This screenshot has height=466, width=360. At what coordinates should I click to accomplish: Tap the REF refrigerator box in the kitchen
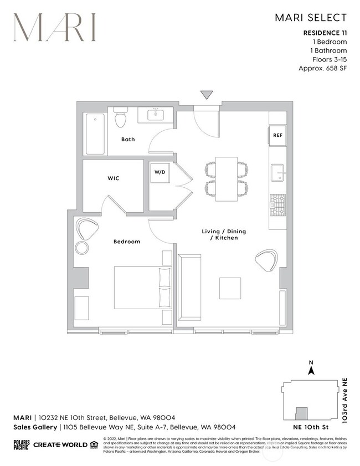pyautogui.click(x=277, y=135)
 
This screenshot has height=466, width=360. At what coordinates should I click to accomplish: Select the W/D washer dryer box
pyautogui.click(x=160, y=172)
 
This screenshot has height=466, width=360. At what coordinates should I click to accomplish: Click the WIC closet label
pyautogui.click(x=114, y=178)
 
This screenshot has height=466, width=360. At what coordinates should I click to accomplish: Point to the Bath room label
pyautogui.click(x=128, y=139)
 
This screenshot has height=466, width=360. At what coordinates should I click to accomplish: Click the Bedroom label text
pyautogui.click(x=127, y=242)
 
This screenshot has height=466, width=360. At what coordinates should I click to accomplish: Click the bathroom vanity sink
pyautogui.click(x=155, y=115)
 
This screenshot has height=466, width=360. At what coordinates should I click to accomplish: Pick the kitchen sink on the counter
pyautogui.click(x=277, y=173)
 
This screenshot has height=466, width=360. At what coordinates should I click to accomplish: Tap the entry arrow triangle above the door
pyautogui.click(x=207, y=95)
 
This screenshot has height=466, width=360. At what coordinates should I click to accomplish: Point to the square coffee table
pyautogui.click(x=230, y=288)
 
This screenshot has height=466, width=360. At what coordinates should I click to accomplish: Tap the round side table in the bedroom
pyautogui.click(x=83, y=247)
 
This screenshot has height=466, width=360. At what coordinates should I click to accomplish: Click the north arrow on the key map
pyautogui.click(x=312, y=368)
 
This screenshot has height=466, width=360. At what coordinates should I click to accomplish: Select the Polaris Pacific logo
pyautogui.click(x=21, y=444)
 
